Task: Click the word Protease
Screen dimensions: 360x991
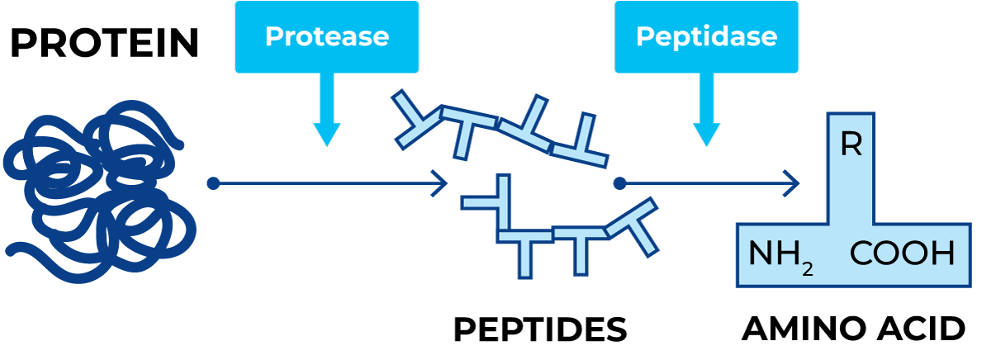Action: tap(326, 37)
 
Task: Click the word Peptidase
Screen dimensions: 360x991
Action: tap(706, 37)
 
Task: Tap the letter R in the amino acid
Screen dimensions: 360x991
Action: tap(851, 146)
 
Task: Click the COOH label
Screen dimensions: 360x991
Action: tap(902, 254)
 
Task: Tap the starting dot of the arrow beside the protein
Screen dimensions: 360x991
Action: tap(213, 183)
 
